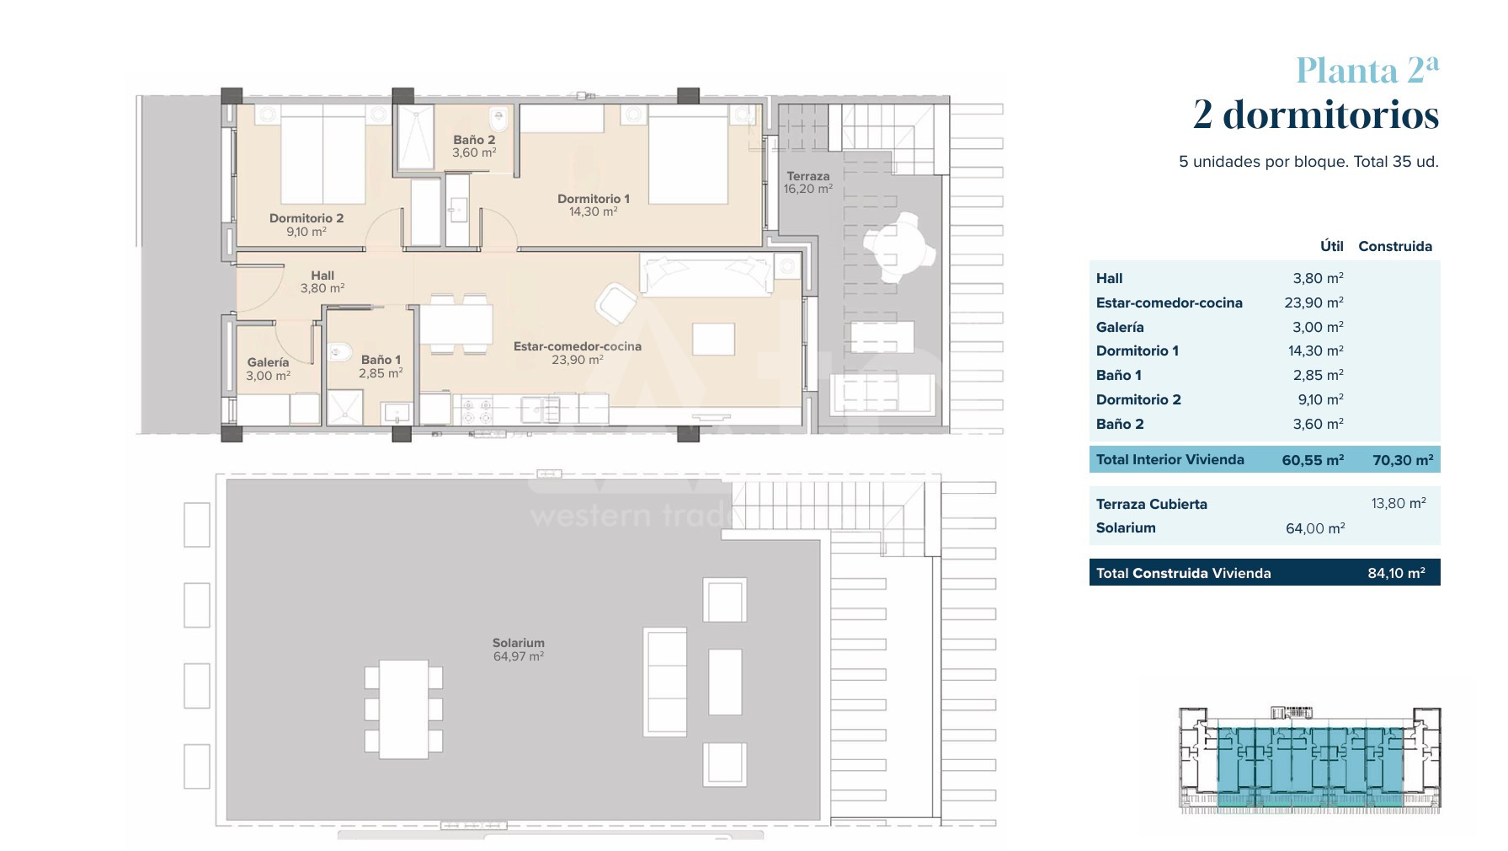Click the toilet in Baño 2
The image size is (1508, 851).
point(498,120)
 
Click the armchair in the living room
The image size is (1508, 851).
point(617,303)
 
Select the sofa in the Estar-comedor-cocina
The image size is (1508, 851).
point(706,275)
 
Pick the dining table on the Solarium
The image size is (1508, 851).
point(403,709)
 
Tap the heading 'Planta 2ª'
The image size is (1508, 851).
point(1367,70)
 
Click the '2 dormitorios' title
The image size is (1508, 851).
point(1316,115)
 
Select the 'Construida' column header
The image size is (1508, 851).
point(1395,246)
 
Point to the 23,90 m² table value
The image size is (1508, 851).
point(1314,302)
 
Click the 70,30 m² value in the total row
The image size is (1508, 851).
point(1403,460)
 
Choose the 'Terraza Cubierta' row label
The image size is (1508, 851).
point(1152,504)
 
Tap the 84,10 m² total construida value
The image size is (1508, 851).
point(1397,573)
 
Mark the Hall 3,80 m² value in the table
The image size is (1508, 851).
point(1319,278)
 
